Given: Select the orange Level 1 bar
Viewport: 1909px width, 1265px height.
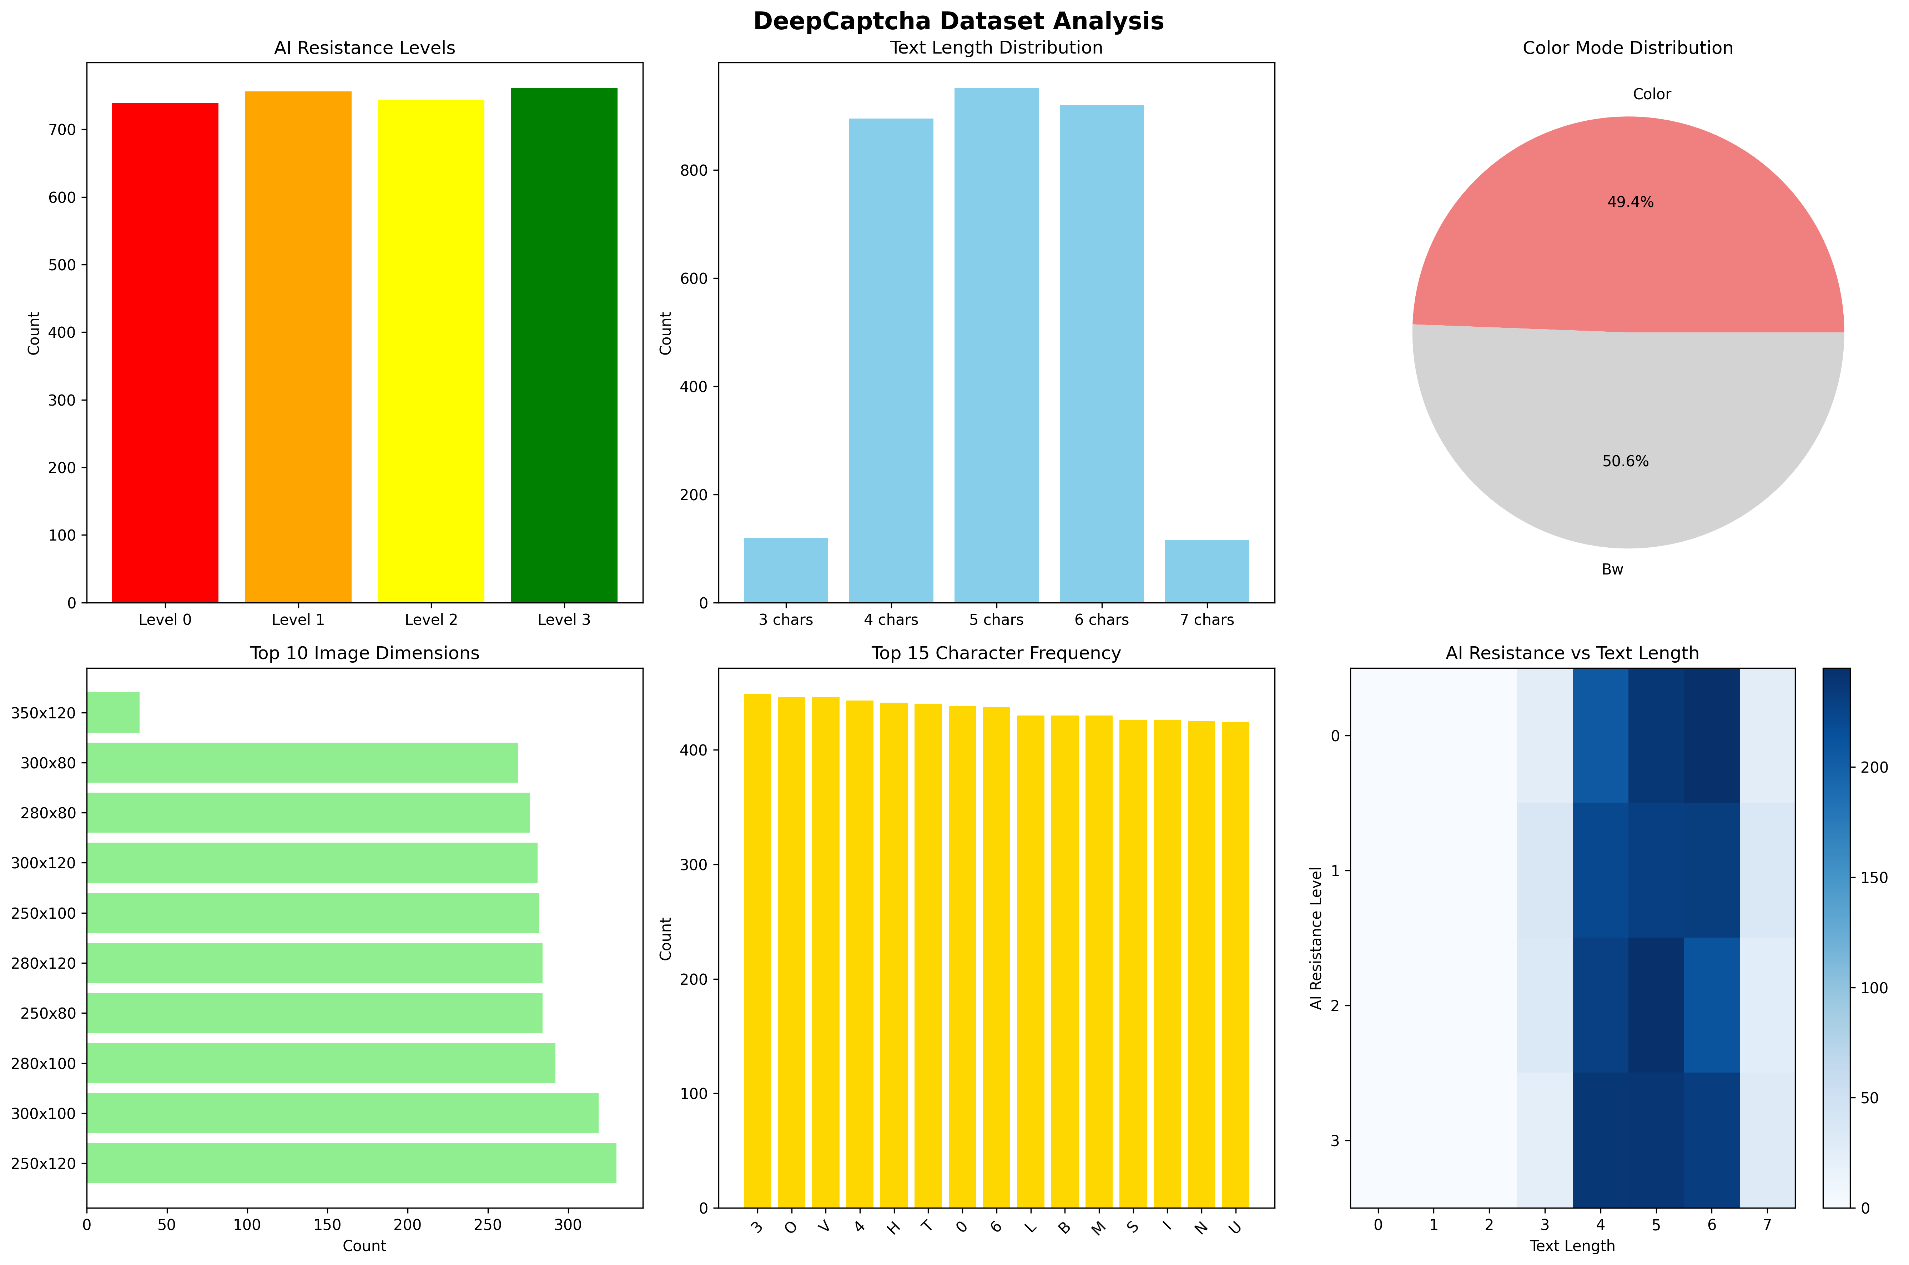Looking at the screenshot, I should [x=298, y=347].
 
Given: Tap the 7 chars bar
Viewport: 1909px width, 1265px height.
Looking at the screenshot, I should [x=1207, y=571].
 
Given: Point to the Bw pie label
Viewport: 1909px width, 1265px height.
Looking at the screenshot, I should [x=1612, y=569].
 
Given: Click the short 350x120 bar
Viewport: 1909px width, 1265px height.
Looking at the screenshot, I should [x=113, y=712].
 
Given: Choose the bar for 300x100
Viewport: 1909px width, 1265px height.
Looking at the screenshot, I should [x=343, y=1113].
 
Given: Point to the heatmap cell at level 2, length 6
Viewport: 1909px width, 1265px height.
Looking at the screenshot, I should [x=1711, y=1005].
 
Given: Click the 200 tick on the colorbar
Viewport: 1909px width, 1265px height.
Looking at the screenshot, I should [x=1874, y=767].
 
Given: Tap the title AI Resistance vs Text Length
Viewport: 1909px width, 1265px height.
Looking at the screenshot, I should [x=1572, y=653].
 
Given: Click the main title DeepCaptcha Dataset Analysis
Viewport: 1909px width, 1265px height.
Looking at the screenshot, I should [x=958, y=21].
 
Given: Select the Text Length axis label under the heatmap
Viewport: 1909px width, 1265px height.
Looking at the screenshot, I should [x=1572, y=1246].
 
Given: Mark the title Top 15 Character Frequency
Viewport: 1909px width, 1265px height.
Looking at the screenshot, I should [x=996, y=653].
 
